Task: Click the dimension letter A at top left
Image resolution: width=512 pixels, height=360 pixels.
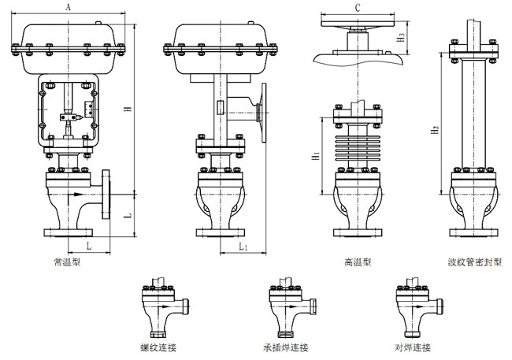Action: [x=70, y=6]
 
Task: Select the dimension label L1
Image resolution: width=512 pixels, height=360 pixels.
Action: [x=243, y=247]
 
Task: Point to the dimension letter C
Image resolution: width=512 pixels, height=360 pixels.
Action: [x=358, y=7]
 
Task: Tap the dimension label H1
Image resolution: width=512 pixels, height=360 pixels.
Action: [x=316, y=157]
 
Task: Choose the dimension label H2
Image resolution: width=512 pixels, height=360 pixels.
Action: [x=434, y=129]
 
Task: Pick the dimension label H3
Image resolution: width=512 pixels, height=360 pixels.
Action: [x=401, y=36]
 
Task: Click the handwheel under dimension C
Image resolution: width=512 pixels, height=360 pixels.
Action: [x=358, y=21]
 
